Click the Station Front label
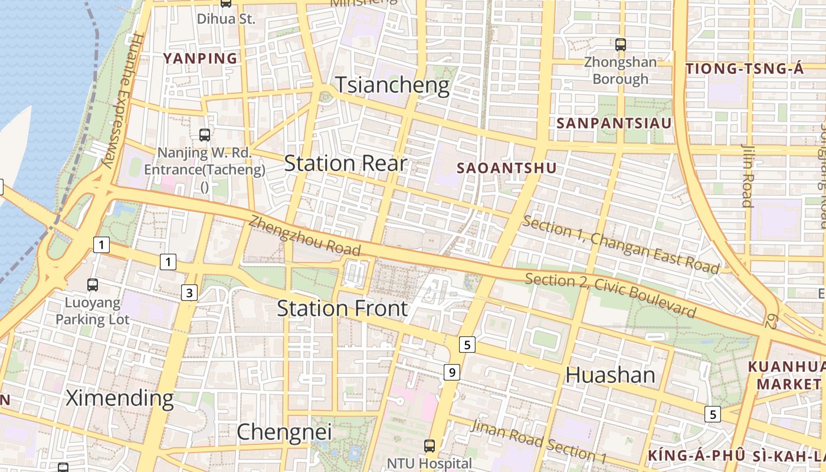pyautogui.click(x=342, y=309)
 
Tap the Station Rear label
pyautogui.click(x=346, y=163)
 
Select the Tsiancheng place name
pyautogui.click(x=392, y=86)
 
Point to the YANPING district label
pyautogui.click(x=200, y=58)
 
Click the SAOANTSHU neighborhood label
pyautogui.click(x=507, y=168)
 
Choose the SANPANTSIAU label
pyautogui.click(x=614, y=123)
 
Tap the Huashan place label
pyautogui.click(x=611, y=375)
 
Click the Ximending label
pyautogui.click(x=120, y=398)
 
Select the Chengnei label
pyautogui.click(x=284, y=432)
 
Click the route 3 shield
pyautogui.click(x=189, y=293)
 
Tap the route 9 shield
pyautogui.click(x=451, y=372)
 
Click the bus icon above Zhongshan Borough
pyautogui.click(x=620, y=44)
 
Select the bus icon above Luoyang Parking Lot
pyautogui.click(x=93, y=285)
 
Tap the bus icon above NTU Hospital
pyautogui.click(x=430, y=446)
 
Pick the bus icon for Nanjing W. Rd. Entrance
pyautogui.click(x=205, y=135)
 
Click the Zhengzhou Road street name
pyautogui.click(x=304, y=237)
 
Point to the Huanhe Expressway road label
pyautogui.click(x=120, y=100)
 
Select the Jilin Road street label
pyautogui.click(x=747, y=176)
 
